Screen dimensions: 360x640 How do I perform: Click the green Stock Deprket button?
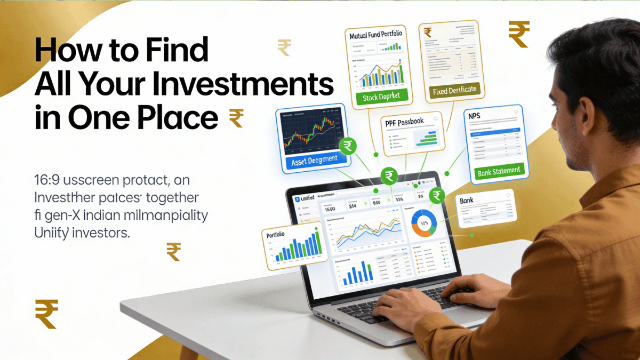tap(381, 96)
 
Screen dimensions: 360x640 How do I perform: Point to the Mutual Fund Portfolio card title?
tap(376, 35)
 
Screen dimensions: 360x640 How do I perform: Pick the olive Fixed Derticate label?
tap(455, 90)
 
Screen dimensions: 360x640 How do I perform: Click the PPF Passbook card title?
tap(404, 122)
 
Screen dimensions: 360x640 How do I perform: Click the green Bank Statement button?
tap(500, 171)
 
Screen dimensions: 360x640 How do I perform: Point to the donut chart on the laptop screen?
tap(425, 223)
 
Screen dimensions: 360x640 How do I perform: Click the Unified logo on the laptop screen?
tap(305, 198)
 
